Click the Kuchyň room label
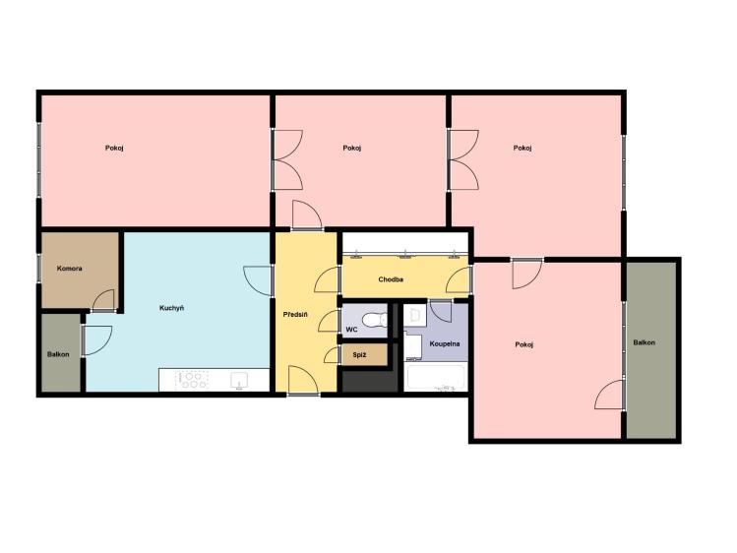point(171,308)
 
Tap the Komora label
point(70,269)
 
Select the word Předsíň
point(295,314)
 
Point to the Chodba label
point(391,279)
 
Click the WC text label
point(351,330)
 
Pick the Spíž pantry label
point(359,355)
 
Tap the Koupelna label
point(445,344)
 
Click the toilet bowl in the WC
point(376,320)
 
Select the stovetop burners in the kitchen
point(192,380)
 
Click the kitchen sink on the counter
point(240,380)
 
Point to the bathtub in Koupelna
point(436,377)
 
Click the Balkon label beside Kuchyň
point(58,354)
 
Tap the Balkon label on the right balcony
point(644,342)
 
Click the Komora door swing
point(104,300)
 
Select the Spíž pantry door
point(332,355)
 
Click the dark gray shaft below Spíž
point(370,381)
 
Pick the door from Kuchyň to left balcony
point(97,340)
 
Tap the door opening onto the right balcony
point(610,395)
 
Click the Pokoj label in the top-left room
point(114,148)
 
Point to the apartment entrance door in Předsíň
point(304,380)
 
